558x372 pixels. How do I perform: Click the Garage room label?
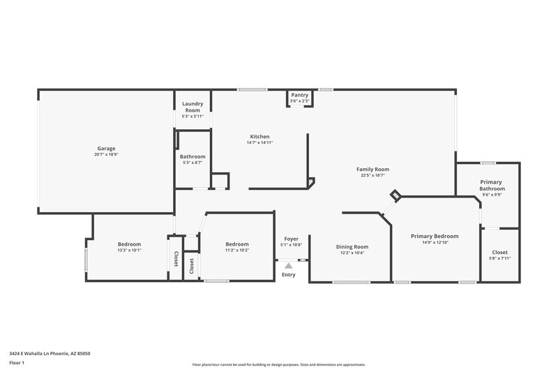click(106, 148)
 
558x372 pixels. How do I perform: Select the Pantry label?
click(300, 95)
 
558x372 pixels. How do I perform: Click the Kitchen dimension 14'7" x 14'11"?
click(259, 142)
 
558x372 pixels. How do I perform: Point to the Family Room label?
click(372, 169)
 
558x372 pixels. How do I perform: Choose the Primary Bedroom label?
click(435, 236)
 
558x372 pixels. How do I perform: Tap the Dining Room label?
click(352, 246)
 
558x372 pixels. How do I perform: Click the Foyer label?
click(290, 239)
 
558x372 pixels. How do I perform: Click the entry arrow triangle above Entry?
click(288, 265)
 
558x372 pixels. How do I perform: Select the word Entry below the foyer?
click(288, 274)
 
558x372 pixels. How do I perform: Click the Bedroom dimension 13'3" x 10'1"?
click(129, 250)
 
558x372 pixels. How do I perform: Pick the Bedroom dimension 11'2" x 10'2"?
click(237, 250)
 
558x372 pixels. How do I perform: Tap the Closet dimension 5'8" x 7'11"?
click(500, 258)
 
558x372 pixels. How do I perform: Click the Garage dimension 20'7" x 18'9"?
click(106, 154)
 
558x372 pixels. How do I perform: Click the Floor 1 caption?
click(17, 364)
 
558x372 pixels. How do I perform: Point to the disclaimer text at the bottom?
click(278, 364)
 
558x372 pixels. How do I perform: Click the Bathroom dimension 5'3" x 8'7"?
click(193, 163)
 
